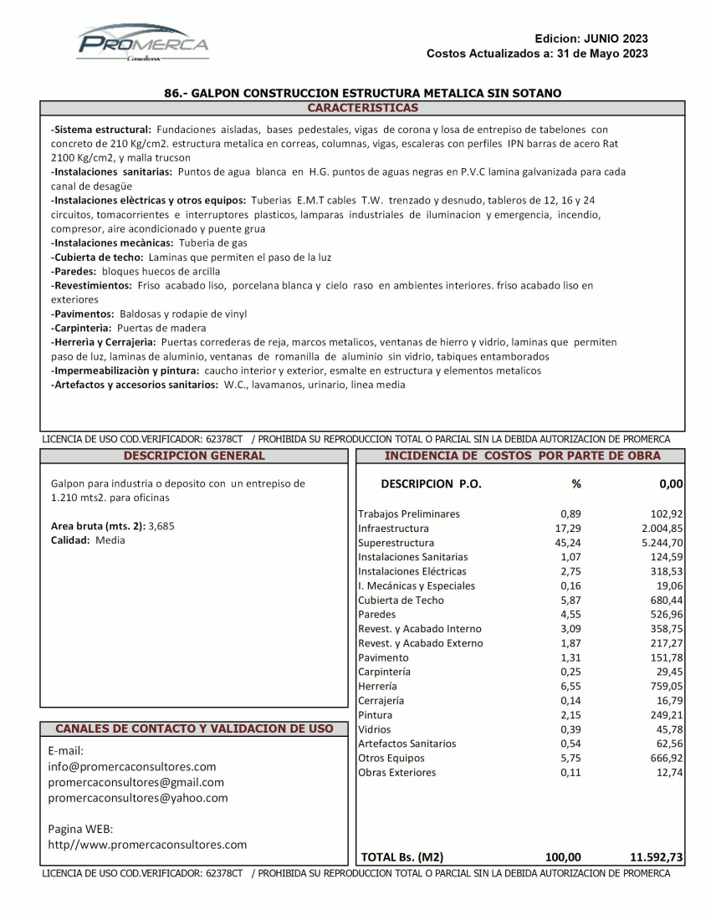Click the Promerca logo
pos(142,44)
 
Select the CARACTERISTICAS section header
pos(362,108)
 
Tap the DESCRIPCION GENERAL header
pos(193,456)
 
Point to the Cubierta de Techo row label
pos(401,601)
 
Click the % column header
pos(575,484)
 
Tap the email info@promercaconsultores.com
pos(132,766)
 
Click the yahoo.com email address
pos(138,798)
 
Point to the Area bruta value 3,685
pos(161,525)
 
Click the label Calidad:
pos(74,540)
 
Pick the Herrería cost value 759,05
pos(665,687)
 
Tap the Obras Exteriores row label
pos(396,773)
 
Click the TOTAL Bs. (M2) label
pos(402,857)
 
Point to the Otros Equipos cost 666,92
pos(665,759)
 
